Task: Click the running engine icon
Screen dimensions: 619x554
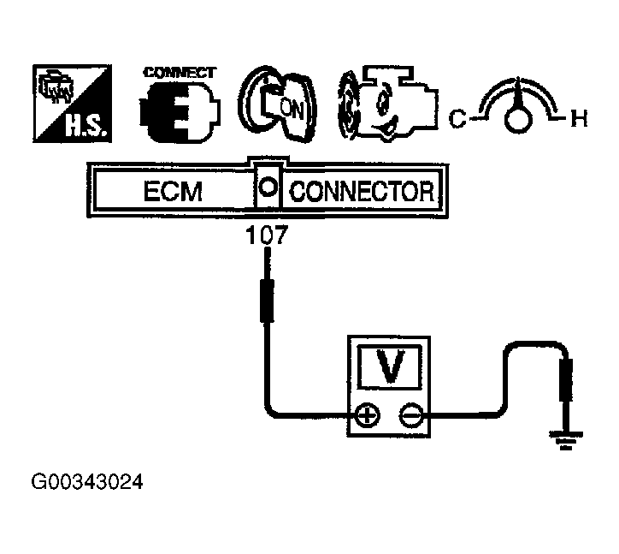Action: tap(383, 108)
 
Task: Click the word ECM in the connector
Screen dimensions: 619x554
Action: tap(173, 191)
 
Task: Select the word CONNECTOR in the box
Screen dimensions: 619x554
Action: tap(362, 191)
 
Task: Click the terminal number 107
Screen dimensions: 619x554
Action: tap(267, 234)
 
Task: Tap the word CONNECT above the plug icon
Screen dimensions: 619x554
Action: tap(180, 72)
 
